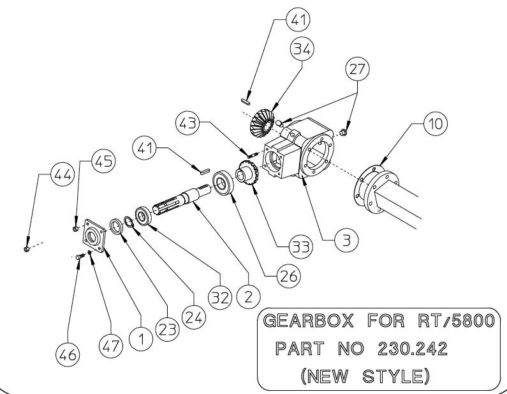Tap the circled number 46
[68, 353]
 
